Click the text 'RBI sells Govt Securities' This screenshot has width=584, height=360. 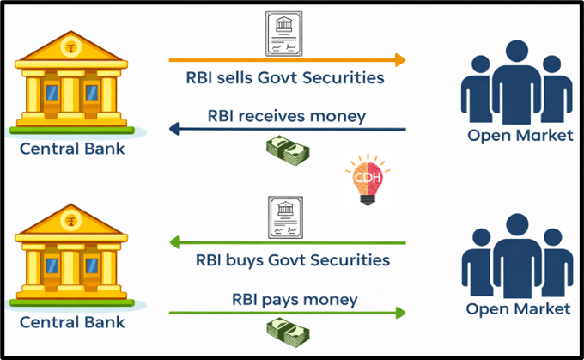(x=285, y=78)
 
